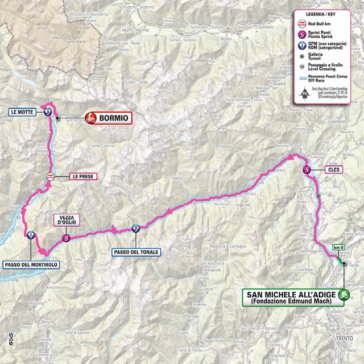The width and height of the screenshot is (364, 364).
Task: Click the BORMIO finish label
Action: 114,118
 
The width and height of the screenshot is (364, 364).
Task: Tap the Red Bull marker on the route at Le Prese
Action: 51,176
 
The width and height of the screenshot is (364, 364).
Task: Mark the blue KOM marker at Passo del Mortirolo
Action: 30,234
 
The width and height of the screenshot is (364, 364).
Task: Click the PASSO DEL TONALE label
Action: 136,251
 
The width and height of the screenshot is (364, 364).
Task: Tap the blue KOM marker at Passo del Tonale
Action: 135,229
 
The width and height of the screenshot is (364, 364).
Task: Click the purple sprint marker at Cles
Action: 307,169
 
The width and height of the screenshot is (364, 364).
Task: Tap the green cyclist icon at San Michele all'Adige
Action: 343,295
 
